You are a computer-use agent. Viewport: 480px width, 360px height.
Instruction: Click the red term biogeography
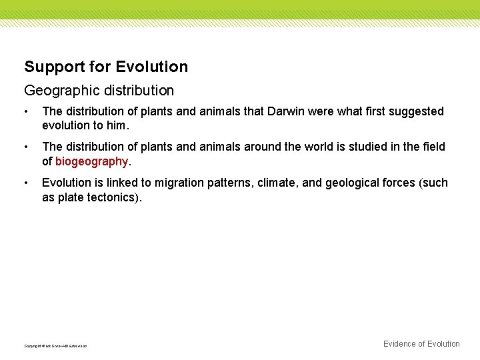[x=91, y=161]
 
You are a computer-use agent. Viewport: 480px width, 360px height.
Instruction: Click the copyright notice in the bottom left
[x=55, y=346]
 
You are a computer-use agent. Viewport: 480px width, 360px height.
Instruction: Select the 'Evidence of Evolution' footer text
[x=421, y=344]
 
